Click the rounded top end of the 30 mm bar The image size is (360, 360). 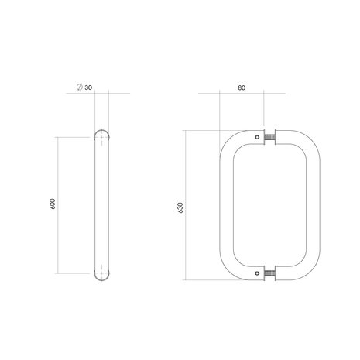pos(101,133)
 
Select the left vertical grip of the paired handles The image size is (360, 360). pos(225,205)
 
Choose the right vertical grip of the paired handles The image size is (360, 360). pos(312,205)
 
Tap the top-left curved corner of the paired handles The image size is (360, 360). pos(231,142)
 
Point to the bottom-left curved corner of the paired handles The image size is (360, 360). pos(231,268)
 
